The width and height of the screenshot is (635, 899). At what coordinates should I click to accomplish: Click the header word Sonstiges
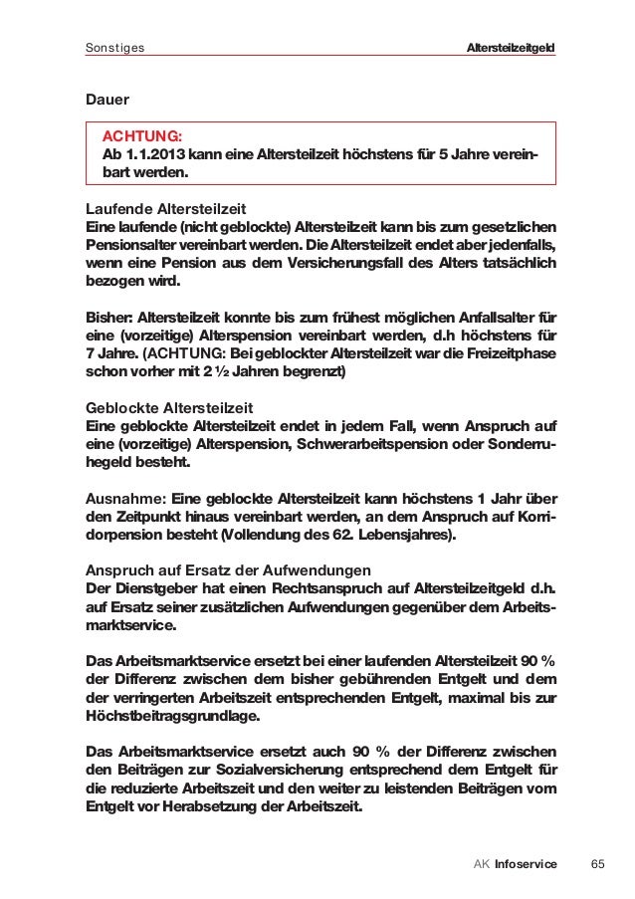pyautogui.click(x=115, y=48)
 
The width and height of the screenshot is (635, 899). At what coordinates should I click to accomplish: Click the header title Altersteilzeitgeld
pyautogui.click(x=511, y=48)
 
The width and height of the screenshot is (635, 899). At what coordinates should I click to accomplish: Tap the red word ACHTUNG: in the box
pyautogui.click(x=137, y=136)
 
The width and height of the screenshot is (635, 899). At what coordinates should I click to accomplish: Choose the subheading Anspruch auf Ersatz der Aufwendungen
pyautogui.click(x=229, y=570)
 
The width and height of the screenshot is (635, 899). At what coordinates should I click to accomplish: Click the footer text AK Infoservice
pyautogui.click(x=516, y=862)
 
